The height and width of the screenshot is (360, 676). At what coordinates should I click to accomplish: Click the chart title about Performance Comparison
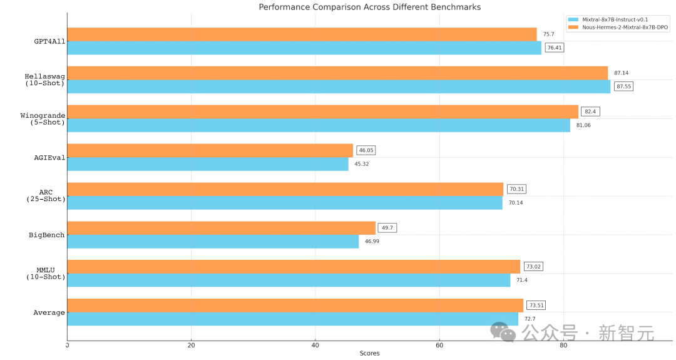[370, 7]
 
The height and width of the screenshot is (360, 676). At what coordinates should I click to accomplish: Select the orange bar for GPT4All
[302, 34]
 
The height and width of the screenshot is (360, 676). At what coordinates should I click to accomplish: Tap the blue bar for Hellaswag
[338, 86]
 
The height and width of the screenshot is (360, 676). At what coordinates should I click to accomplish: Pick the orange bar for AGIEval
[210, 150]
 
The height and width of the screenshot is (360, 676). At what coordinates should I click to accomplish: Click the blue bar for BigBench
[213, 242]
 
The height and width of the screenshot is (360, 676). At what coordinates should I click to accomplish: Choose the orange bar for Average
[295, 306]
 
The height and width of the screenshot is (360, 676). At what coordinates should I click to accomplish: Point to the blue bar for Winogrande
[318, 125]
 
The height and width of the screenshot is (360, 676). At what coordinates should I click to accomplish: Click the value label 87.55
[623, 86]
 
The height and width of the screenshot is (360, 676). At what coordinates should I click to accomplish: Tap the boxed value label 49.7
[387, 228]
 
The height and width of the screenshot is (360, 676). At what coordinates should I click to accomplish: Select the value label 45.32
[362, 164]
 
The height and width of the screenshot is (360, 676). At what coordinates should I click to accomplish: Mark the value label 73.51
[535, 306]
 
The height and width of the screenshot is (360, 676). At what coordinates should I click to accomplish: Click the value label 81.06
[583, 125]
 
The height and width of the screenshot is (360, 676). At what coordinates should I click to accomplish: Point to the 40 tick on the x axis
[315, 345]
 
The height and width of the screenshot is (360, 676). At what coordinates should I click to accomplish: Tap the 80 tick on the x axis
[563, 345]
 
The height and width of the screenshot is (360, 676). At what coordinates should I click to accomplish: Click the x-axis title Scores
[369, 353]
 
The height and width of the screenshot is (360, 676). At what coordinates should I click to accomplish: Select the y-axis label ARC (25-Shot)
[46, 195]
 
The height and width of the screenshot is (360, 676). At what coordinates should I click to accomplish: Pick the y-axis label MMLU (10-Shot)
[46, 273]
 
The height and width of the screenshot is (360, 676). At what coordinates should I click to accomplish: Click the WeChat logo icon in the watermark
[503, 332]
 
